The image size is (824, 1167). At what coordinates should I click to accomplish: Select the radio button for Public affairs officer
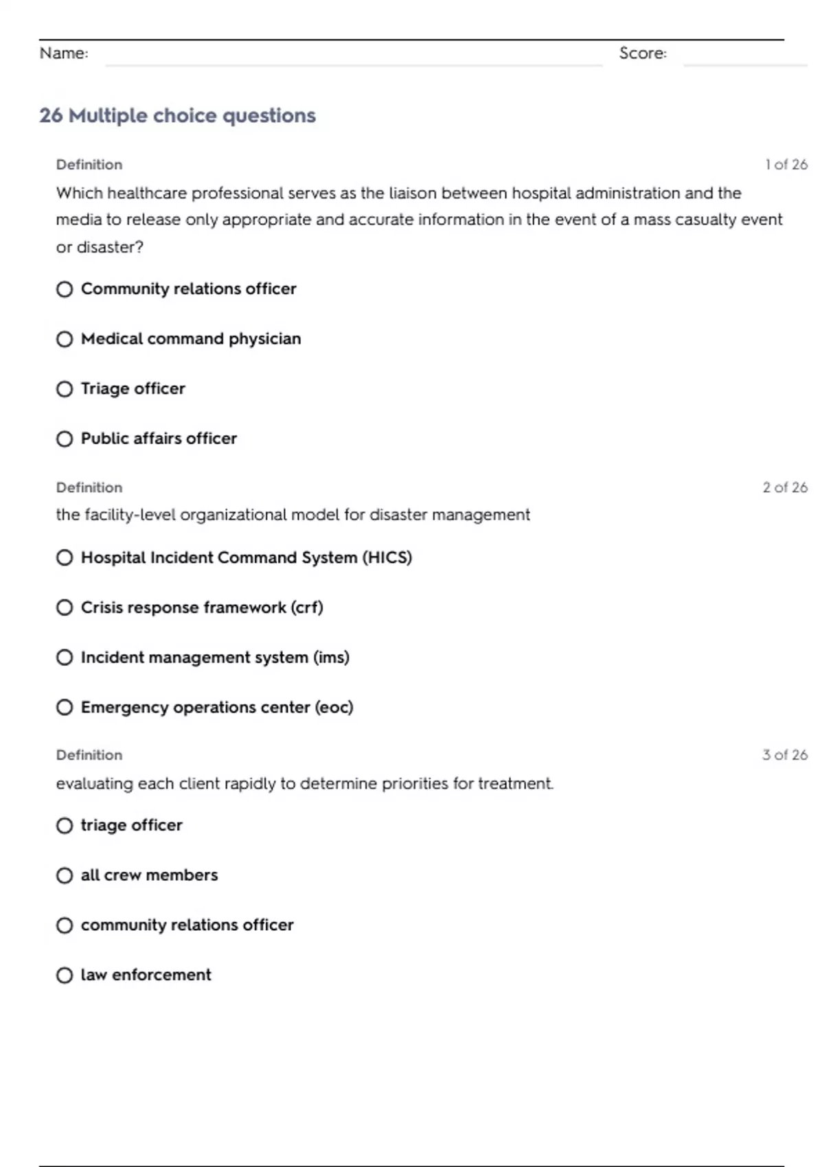pyautogui.click(x=65, y=439)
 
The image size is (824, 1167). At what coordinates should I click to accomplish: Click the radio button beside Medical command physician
pyautogui.click(x=65, y=339)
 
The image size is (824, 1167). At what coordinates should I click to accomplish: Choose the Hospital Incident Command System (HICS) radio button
pyautogui.click(x=65, y=558)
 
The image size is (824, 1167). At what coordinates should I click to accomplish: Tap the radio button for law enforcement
pyautogui.click(x=65, y=975)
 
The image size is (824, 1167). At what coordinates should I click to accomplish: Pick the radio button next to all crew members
pyautogui.click(x=65, y=875)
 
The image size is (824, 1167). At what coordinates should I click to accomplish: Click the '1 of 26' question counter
pyautogui.click(x=786, y=165)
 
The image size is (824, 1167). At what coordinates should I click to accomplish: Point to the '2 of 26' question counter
pyautogui.click(x=784, y=487)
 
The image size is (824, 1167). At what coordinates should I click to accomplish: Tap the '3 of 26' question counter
pyautogui.click(x=784, y=755)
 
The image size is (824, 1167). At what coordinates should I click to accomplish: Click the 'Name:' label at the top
pyautogui.click(x=64, y=54)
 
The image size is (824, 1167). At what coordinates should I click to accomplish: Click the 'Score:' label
pyautogui.click(x=643, y=54)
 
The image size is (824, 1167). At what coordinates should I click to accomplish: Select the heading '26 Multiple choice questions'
pyautogui.click(x=177, y=115)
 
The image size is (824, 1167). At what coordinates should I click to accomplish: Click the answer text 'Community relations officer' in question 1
pyautogui.click(x=189, y=289)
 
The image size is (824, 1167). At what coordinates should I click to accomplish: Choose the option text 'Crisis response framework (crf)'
pyautogui.click(x=202, y=608)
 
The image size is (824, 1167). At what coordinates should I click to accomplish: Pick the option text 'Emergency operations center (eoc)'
pyautogui.click(x=217, y=708)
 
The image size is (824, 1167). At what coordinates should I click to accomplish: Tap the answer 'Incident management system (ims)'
pyautogui.click(x=215, y=658)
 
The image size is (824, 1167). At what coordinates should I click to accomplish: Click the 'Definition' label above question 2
pyautogui.click(x=89, y=487)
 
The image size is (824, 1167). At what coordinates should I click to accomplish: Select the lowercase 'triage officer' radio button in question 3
pyautogui.click(x=65, y=826)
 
